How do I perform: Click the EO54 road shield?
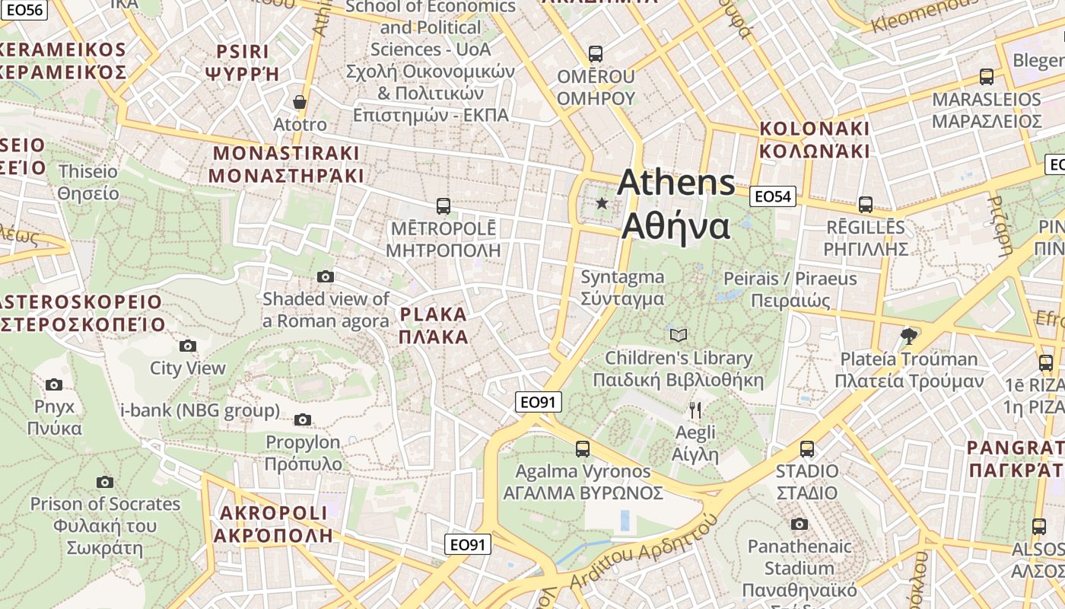pyautogui.click(x=772, y=197)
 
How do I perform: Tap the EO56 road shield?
pyautogui.click(x=24, y=10)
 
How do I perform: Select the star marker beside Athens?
pyautogui.click(x=602, y=203)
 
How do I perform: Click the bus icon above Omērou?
pyautogui.click(x=596, y=54)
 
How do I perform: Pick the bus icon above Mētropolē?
pyautogui.click(x=443, y=206)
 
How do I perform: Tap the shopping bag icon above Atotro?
pyautogui.click(x=300, y=101)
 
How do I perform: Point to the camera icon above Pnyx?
pyautogui.click(x=53, y=384)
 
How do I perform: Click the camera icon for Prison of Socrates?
pyautogui.click(x=105, y=482)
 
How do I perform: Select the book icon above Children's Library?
pyautogui.click(x=678, y=335)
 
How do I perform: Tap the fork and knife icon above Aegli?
pyautogui.click(x=695, y=410)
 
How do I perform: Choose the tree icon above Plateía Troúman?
pyautogui.click(x=908, y=336)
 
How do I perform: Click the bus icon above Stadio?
pyautogui.click(x=807, y=449)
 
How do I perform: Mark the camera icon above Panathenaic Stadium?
pyautogui.click(x=799, y=524)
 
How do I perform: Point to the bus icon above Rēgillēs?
pyautogui.click(x=866, y=204)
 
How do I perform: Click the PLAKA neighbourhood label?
pyautogui.click(x=434, y=325)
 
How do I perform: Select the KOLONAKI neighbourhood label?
pyautogui.click(x=814, y=139)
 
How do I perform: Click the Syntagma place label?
pyautogui.click(x=622, y=288)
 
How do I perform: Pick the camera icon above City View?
pyautogui.click(x=187, y=346)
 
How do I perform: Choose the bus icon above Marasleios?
pyautogui.click(x=987, y=76)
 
